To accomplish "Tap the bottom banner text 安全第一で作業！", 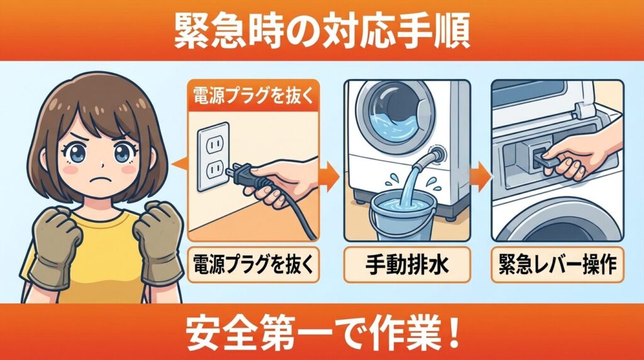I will (x=321, y=332).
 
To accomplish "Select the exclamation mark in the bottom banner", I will (x=452, y=332).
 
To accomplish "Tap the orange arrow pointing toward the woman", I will (x=179, y=165).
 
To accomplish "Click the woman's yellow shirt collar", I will (x=97, y=217).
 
